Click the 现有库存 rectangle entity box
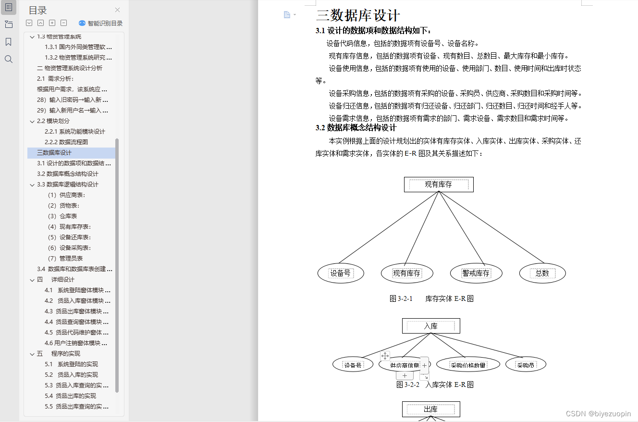click(x=439, y=185)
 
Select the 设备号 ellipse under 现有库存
click(x=341, y=273)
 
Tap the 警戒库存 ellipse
click(x=476, y=273)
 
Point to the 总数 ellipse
click(x=542, y=273)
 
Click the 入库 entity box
click(x=431, y=326)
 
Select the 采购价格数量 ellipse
click(x=468, y=365)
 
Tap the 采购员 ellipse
click(x=526, y=365)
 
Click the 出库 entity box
click(x=431, y=410)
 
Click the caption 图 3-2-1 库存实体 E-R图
click(x=431, y=298)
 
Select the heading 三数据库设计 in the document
click(x=358, y=15)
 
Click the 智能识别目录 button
click(x=100, y=23)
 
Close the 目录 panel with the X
click(x=118, y=10)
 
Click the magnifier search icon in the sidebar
click(x=9, y=59)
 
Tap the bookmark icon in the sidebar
click(x=9, y=42)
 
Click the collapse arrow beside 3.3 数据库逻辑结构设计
click(x=32, y=185)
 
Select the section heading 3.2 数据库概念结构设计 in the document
click(x=356, y=128)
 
